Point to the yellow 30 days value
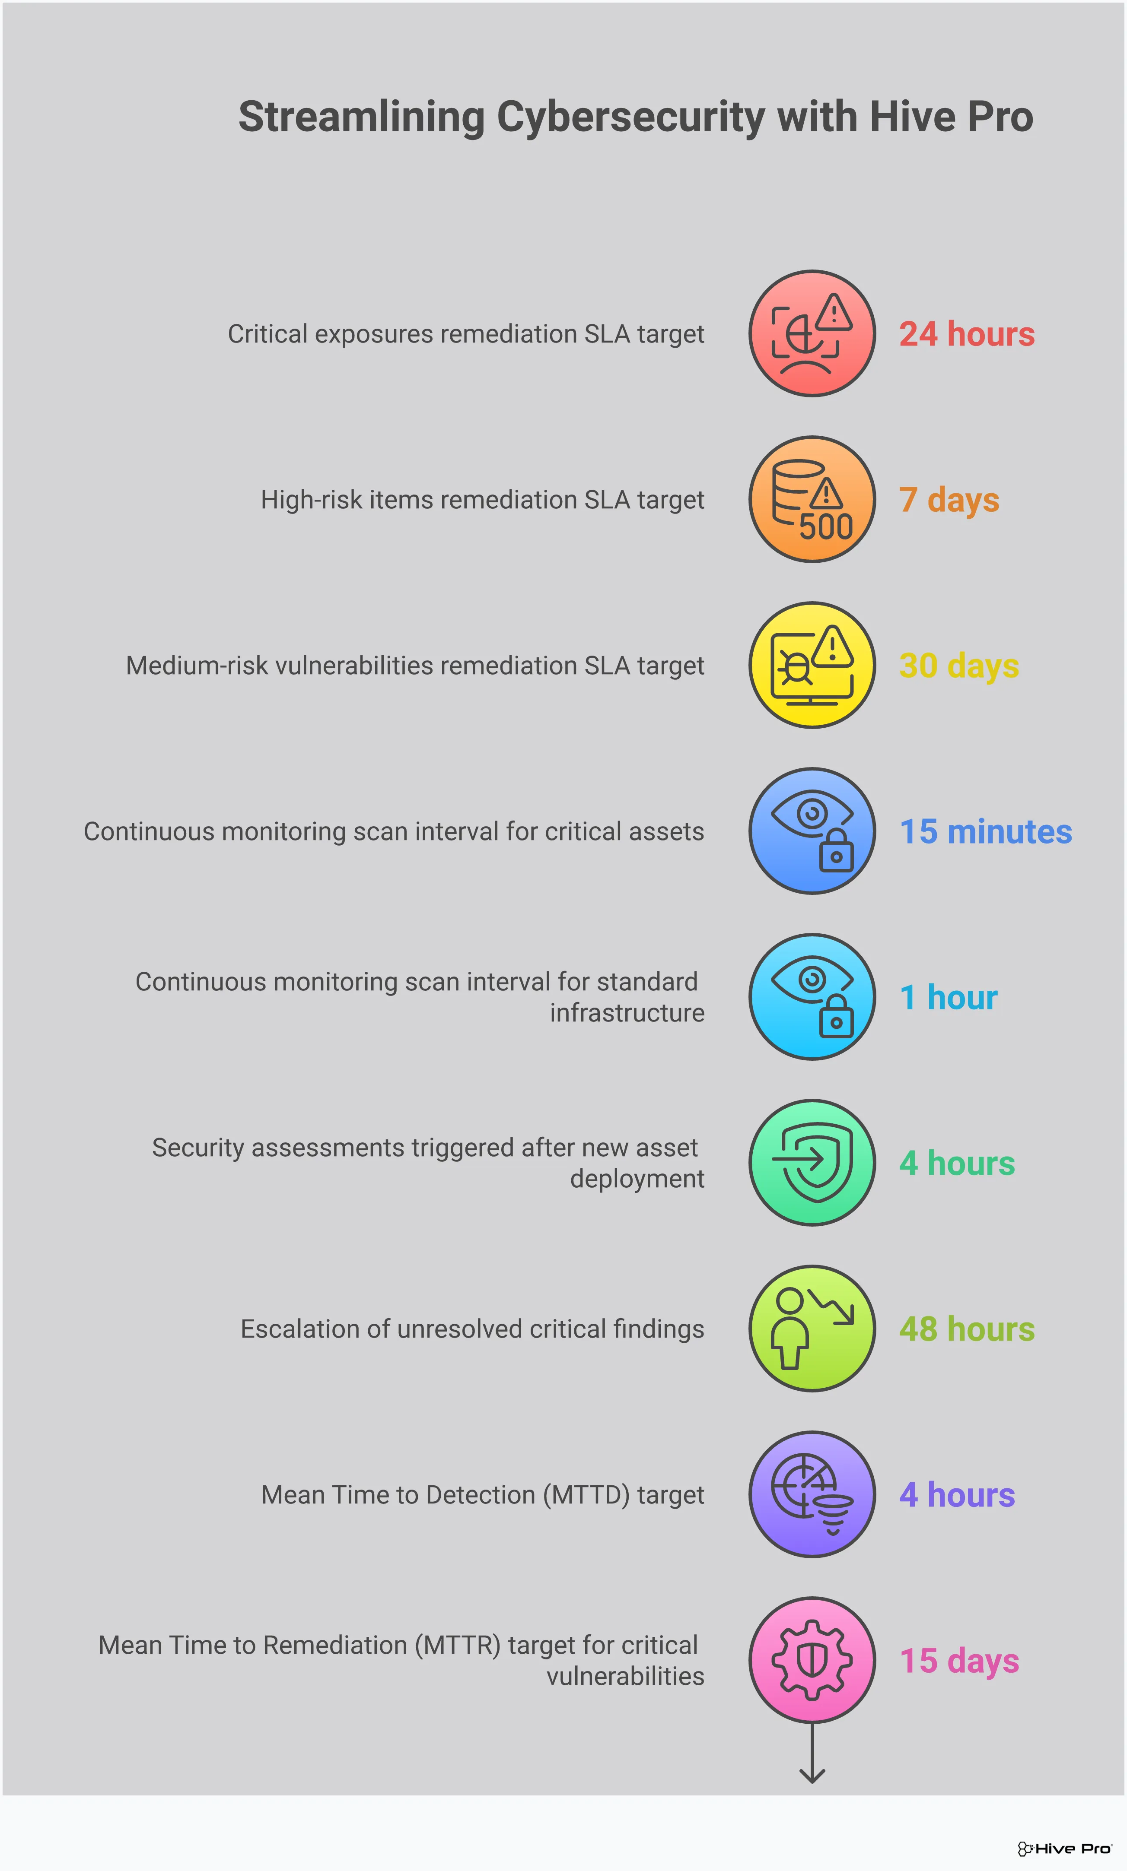click(958, 666)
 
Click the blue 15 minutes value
click(985, 832)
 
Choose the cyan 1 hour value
click(948, 997)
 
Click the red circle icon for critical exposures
click(812, 334)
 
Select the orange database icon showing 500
click(812, 499)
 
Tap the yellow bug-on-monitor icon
click(812, 666)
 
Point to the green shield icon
click(812, 1163)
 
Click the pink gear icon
click(812, 1660)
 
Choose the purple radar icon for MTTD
click(812, 1494)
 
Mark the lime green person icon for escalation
click(812, 1329)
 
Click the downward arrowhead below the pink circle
click(812, 1776)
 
